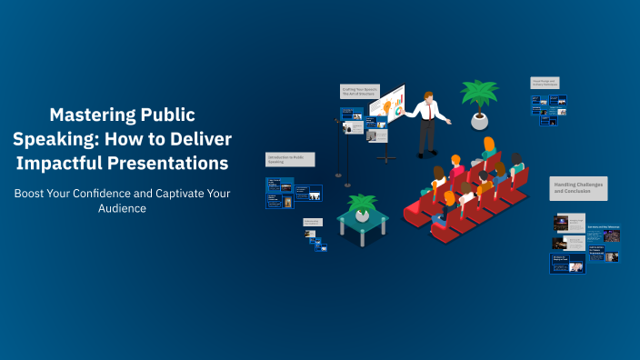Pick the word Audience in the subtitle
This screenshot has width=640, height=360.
point(122,208)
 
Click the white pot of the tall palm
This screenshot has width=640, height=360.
point(478,121)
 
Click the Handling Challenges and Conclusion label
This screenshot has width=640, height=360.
point(579,188)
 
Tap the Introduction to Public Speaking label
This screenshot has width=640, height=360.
point(289,159)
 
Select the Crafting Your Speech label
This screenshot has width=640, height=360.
point(359,92)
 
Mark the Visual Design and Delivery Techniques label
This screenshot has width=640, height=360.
point(545,83)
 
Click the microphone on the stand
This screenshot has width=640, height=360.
point(337,119)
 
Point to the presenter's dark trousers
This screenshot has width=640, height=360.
point(425,136)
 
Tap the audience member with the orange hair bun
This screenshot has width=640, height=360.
point(488,145)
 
